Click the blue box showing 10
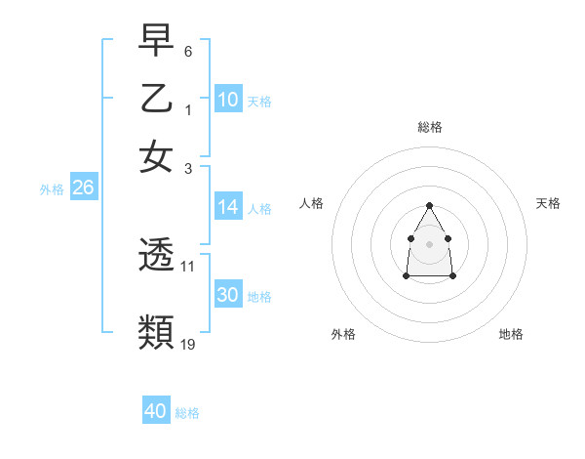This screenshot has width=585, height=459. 228,100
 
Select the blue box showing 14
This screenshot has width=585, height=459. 228,207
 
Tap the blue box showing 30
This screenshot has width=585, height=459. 228,295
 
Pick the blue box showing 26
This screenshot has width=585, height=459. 83,188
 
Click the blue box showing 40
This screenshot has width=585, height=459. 156,411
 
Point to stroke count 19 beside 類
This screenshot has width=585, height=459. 188,344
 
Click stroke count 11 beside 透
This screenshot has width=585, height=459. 188,266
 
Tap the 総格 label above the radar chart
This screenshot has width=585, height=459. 429,127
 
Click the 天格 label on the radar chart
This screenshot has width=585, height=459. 548,203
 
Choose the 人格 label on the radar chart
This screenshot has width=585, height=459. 312,203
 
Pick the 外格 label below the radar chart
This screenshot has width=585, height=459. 343,334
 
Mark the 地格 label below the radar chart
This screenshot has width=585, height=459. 511,334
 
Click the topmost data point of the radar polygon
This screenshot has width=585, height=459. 429,205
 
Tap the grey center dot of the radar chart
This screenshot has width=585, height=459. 429,243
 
